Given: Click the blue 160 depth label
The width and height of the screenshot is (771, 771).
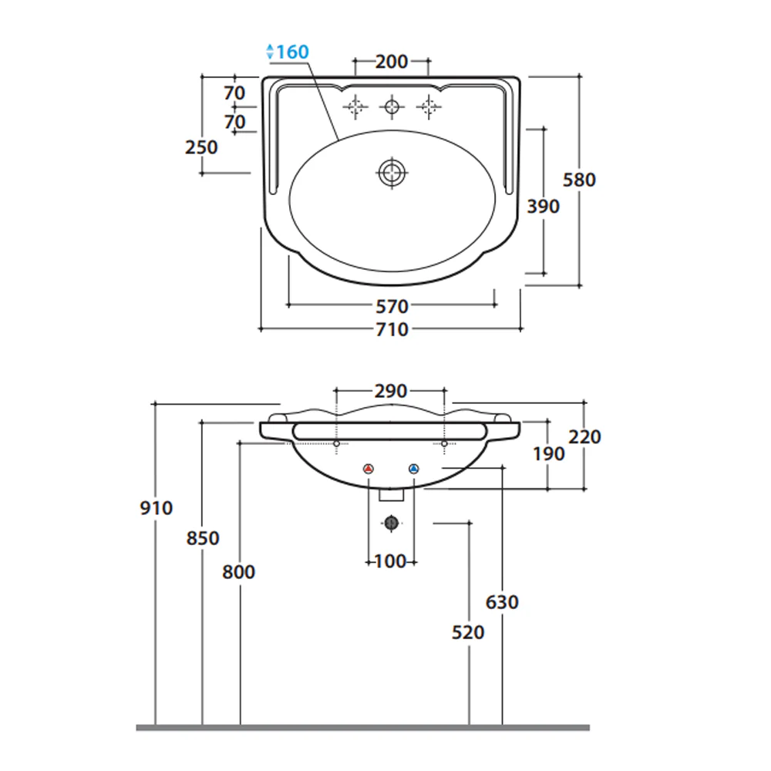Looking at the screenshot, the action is click(292, 52).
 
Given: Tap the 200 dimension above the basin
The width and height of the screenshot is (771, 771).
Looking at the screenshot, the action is click(392, 62).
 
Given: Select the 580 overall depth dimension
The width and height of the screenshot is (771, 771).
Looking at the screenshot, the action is click(579, 180).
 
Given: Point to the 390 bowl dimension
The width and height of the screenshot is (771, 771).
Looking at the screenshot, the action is click(544, 207).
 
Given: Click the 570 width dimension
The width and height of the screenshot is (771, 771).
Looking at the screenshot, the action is click(392, 307).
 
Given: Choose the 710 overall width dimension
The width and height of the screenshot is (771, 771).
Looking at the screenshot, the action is click(392, 329).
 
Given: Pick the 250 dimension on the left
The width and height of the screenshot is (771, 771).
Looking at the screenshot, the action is click(201, 147).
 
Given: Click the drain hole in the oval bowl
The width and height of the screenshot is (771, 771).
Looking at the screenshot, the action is click(392, 173).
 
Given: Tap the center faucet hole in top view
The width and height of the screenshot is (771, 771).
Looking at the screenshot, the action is click(392, 106).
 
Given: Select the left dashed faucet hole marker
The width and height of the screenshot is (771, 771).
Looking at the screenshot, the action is click(355, 106).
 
